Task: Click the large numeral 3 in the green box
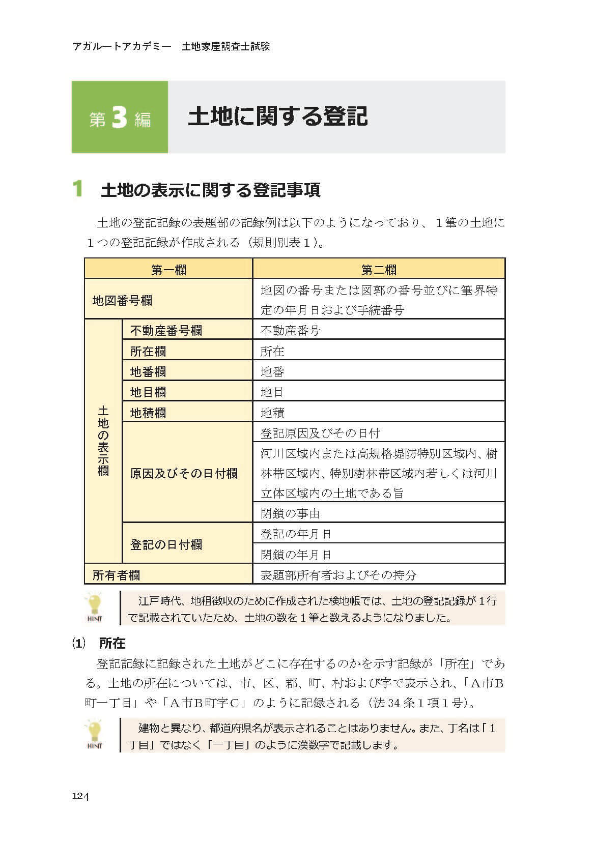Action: click(x=119, y=118)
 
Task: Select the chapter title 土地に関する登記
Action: click(x=277, y=117)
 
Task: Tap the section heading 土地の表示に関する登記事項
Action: click(x=210, y=190)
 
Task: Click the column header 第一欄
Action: click(x=168, y=269)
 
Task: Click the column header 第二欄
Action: click(x=379, y=269)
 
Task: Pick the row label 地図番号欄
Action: click(x=122, y=300)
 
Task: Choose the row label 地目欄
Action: click(x=148, y=392)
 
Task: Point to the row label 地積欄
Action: click(x=148, y=413)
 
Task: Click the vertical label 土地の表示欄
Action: click(x=103, y=441)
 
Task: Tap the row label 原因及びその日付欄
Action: click(x=184, y=473)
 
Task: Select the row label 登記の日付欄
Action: click(x=166, y=544)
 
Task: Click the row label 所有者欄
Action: click(x=116, y=575)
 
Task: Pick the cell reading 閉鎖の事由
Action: click(x=290, y=513)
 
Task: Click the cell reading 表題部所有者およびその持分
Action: click(x=338, y=575)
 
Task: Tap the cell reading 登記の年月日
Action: click(x=296, y=534)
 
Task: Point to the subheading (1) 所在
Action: click(x=99, y=643)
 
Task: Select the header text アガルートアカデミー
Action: click(x=122, y=47)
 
